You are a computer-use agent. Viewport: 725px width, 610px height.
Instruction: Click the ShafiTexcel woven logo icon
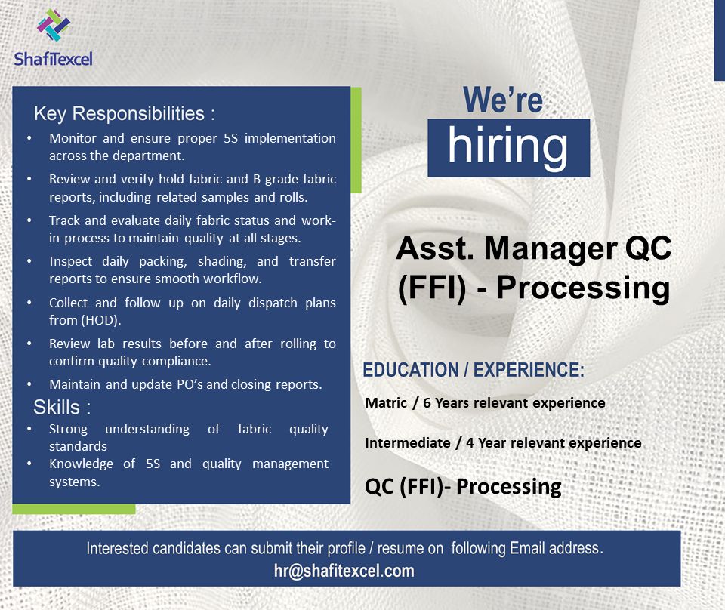(53, 25)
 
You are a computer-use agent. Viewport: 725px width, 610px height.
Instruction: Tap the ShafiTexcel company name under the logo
(53, 59)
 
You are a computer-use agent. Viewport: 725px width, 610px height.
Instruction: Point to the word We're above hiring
(503, 100)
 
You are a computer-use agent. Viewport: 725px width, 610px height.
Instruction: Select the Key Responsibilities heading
(125, 114)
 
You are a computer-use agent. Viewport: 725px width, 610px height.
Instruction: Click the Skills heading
(62, 407)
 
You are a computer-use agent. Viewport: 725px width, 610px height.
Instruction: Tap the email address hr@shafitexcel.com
(344, 571)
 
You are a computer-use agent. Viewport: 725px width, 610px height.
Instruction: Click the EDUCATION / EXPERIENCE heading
(474, 370)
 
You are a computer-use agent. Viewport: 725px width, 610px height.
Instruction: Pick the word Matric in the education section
(386, 403)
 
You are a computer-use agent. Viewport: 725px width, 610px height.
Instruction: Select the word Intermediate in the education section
(407, 442)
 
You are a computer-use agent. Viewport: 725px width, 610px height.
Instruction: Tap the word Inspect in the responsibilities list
(71, 261)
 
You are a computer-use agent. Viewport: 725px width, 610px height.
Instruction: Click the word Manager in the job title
(551, 248)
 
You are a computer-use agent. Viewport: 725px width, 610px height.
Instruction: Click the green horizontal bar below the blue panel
(74, 510)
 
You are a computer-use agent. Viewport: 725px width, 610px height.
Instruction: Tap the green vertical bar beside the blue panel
(356, 140)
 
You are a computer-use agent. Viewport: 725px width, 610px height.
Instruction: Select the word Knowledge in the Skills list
(81, 464)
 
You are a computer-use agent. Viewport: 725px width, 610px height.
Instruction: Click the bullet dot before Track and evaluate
(29, 220)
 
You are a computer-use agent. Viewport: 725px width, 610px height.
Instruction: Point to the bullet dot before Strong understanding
(29, 429)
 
